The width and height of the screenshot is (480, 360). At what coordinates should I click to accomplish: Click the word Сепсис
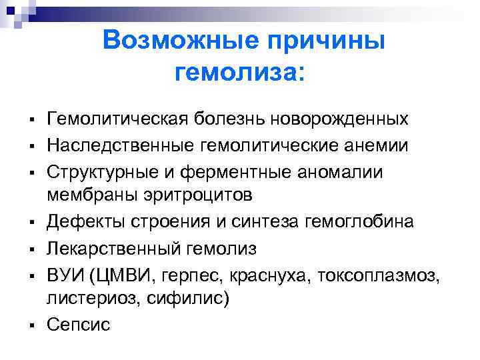[79, 325]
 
